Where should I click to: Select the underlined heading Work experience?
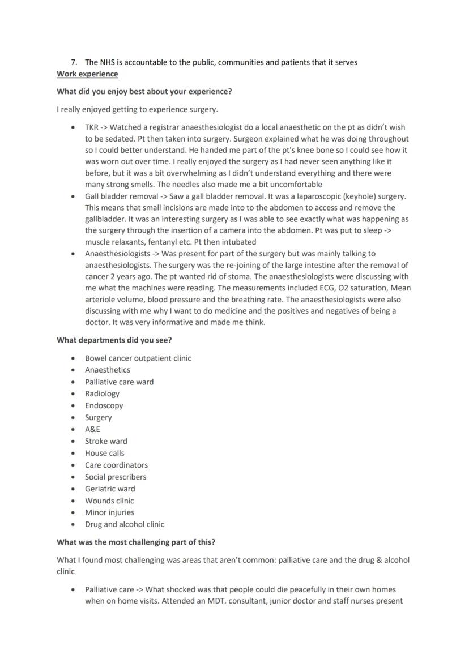pos(87,74)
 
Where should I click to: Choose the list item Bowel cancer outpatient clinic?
pos(138,358)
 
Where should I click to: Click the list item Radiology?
pos(102,394)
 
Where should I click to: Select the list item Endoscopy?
pos(104,406)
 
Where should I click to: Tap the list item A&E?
pos(92,430)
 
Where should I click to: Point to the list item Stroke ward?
pos(106,442)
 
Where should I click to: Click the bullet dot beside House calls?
pos(73,454)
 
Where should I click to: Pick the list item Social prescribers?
pos(116,477)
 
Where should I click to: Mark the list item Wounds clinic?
pos(109,501)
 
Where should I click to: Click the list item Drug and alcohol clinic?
pos(125,525)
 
